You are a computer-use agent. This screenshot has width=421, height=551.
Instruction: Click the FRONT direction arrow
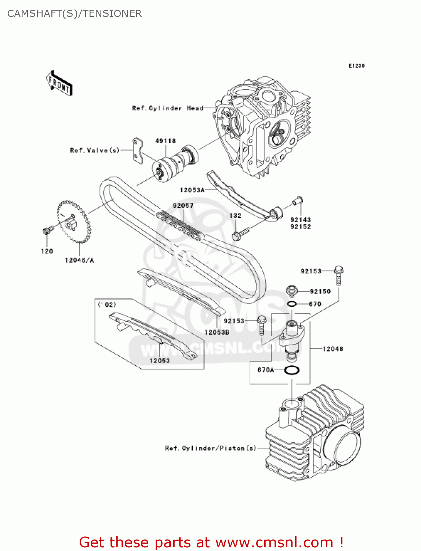(x=59, y=83)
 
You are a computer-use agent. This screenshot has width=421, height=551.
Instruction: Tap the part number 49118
(x=165, y=141)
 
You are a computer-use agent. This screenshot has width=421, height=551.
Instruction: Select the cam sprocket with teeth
(x=73, y=222)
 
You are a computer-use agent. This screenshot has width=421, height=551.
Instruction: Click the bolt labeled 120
(x=47, y=231)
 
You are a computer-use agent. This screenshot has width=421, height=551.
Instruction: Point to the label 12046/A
(x=79, y=260)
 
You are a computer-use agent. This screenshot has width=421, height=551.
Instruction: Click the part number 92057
(x=183, y=206)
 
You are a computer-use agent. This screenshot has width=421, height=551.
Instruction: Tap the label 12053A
(x=192, y=190)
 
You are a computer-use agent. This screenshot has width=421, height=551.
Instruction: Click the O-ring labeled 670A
(x=292, y=370)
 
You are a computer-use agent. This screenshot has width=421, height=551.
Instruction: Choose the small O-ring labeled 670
(x=292, y=304)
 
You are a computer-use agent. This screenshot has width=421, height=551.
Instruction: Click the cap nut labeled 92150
(x=291, y=291)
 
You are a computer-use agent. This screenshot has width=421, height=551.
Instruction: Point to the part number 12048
(x=333, y=349)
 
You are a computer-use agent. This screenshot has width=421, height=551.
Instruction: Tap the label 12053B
(x=217, y=332)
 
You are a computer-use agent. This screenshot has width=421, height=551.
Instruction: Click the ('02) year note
(x=107, y=305)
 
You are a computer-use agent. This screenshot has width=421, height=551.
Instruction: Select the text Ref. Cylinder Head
(x=167, y=108)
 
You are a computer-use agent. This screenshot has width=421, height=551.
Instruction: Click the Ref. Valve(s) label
(x=95, y=151)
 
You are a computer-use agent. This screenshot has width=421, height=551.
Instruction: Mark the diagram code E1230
(x=356, y=66)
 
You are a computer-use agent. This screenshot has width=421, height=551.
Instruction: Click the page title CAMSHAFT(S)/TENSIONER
(x=75, y=14)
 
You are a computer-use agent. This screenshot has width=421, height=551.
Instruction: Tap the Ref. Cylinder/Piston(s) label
(x=210, y=448)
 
